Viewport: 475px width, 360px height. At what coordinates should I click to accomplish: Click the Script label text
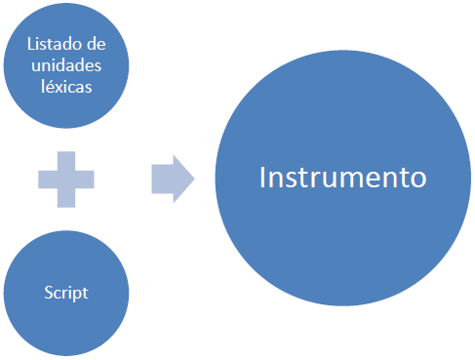66,292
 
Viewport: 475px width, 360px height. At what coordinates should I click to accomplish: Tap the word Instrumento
343,178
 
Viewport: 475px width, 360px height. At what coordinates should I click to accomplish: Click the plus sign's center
66,180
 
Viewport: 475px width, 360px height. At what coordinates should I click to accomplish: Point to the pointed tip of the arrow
193,179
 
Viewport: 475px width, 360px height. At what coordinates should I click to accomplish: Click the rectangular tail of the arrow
162,179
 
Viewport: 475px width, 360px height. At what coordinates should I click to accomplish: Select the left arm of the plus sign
47,180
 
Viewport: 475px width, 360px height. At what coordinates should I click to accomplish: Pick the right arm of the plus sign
86,180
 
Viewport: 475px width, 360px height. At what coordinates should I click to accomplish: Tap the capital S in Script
48,292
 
